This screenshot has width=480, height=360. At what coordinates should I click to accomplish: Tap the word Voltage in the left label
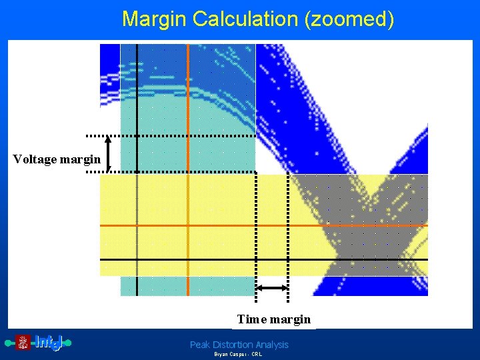click(35, 159)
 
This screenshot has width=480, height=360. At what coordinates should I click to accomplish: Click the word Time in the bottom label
click(251, 319)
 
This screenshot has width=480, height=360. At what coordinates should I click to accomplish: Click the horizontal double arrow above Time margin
click(272, 287)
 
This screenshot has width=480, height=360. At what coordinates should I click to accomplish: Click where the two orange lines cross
click(188, 226)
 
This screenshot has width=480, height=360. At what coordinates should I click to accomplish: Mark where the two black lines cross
click(137, 259)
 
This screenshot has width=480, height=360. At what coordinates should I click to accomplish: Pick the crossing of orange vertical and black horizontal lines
click(188, 259)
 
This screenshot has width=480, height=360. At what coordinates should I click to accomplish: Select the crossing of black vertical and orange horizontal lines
click(137, 226)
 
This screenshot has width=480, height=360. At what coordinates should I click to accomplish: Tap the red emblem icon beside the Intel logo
click(23, 343)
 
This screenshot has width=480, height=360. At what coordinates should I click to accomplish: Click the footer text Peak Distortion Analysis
click(239, 345)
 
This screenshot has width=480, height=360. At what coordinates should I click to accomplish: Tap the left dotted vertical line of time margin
click(256, 233)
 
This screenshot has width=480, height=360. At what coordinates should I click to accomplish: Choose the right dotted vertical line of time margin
click(288, 233)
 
